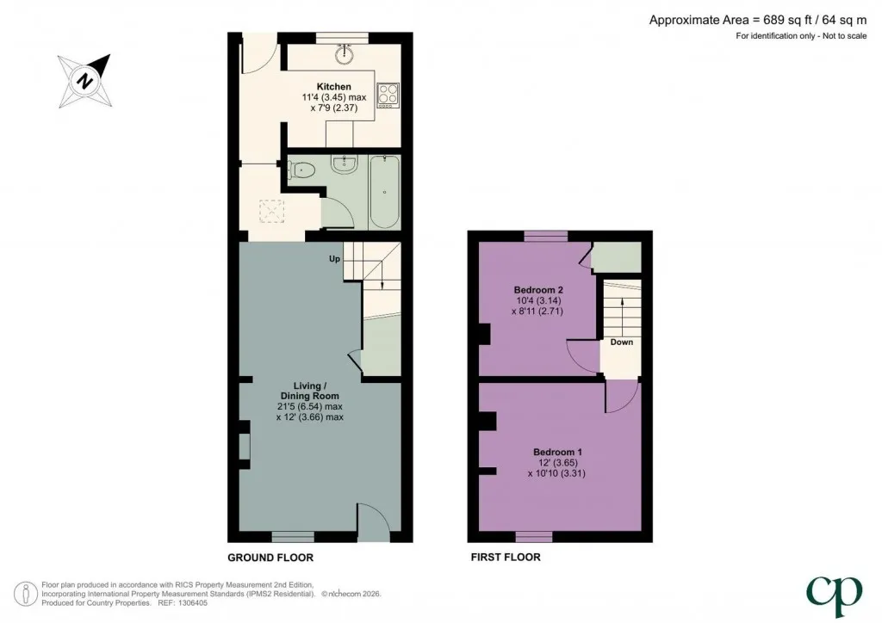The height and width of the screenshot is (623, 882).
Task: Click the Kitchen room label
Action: [x=333, y=87]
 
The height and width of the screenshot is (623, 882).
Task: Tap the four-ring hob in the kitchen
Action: [x=388, y=96]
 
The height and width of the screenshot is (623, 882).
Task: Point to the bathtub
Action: [x=385, y=192]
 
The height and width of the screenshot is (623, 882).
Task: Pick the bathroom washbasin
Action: [x=343, y=163]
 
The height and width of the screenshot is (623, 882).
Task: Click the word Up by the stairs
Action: [x=335, y=259]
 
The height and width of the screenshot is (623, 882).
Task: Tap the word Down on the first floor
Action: [x=622, y=342]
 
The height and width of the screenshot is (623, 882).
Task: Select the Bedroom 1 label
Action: [x=557, y=453]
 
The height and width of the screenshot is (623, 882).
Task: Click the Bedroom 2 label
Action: [x=538, y=291]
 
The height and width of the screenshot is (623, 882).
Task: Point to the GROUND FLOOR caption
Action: [x=270, y=558]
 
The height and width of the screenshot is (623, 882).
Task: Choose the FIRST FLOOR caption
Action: [x=506, y=558]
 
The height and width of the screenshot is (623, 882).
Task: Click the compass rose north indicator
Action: [x=85, y=81]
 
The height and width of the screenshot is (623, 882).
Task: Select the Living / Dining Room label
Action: [x=310, y=391]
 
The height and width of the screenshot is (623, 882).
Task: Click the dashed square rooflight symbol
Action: [x=271, y=212]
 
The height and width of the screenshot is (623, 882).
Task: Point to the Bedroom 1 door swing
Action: [x=623, y=398]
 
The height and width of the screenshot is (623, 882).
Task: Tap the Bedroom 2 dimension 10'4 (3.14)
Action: [x=538, y=300]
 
